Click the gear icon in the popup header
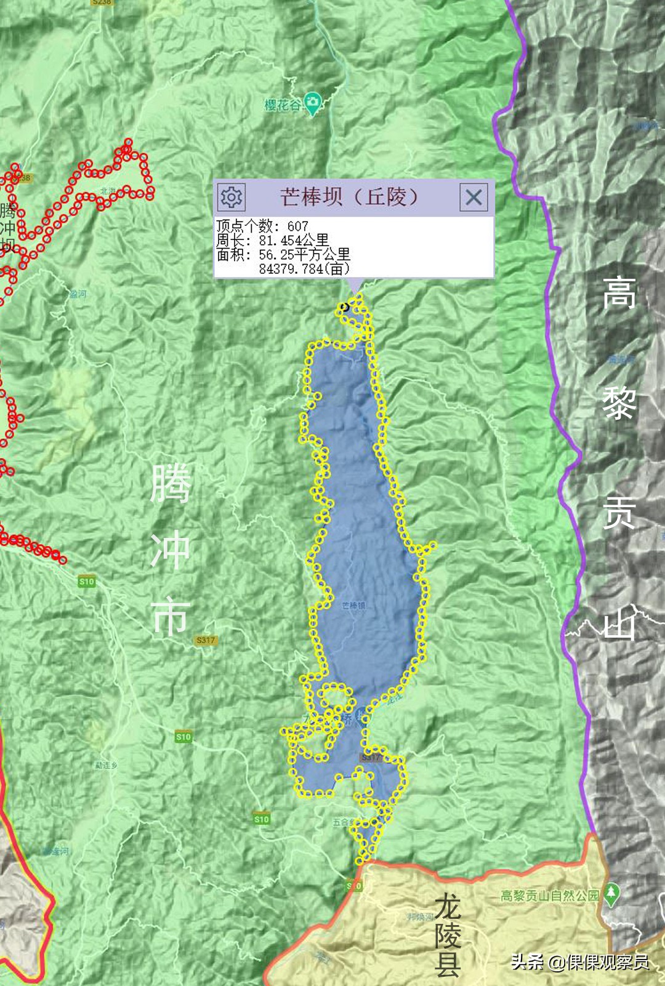(x=232, y=198)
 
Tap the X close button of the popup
(x=474, y=198)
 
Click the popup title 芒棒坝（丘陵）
(x=349, y=197)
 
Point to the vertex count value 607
(x=297, y=226)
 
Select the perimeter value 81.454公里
(x=293, y=241)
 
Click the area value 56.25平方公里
(x=304, y=255)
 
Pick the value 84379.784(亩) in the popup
(x=304, y=269)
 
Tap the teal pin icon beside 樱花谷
(x=313, y=103)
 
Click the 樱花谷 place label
(x=283, y=105)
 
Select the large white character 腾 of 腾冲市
(x=171, y=484)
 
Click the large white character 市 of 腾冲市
(x=171, y=617)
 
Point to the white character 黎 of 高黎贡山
(x=618, y=403)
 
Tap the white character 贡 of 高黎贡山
(x=618, y=513)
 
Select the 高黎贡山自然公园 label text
(x=550, y=896)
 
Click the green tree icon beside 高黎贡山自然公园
(x=611, y=894)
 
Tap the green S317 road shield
(x=206, y=641)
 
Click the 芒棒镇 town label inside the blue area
(x=353, y=606)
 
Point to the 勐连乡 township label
(x=106, y=765)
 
